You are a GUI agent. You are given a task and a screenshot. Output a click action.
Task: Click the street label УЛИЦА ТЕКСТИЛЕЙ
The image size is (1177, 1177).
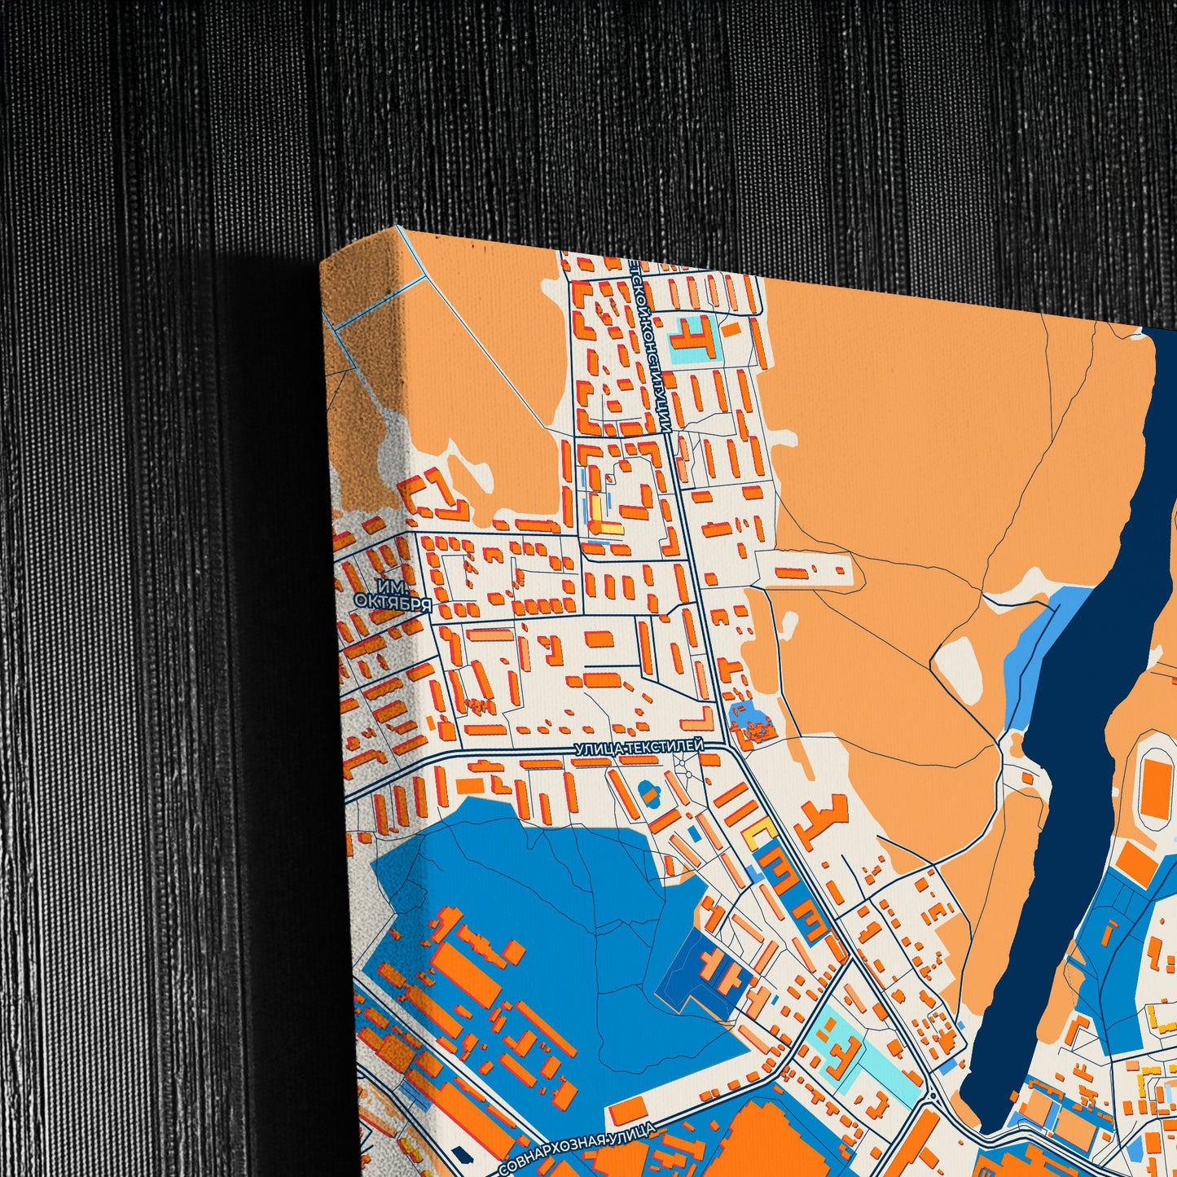639,745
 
